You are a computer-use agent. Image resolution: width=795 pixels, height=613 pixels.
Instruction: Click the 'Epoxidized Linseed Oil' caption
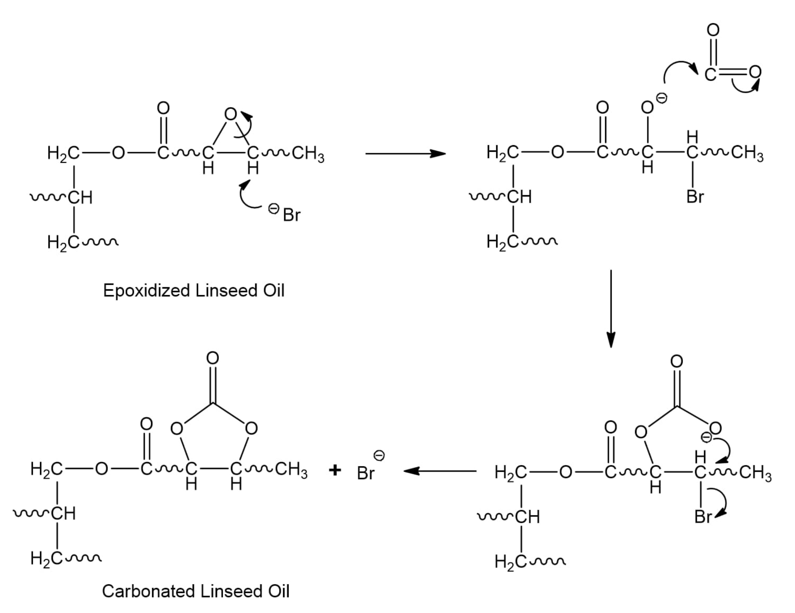click(x=194, y=291)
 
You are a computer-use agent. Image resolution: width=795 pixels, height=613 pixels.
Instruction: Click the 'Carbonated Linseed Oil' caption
click(x=196, y=591)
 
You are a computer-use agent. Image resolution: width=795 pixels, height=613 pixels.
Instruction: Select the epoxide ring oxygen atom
click(x=230, y=114)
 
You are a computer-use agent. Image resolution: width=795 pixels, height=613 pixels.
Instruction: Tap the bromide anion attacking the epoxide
click(x=291, y=215)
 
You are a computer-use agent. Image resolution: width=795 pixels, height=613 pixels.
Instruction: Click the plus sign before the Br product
click(x=334, y=470)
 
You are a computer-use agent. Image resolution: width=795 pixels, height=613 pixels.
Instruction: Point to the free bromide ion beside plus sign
click(x=365, y=473)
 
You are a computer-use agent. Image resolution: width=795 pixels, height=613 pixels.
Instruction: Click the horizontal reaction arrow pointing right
click(x=405, y=154)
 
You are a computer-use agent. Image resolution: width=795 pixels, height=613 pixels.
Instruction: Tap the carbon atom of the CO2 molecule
click(x=710, y=75)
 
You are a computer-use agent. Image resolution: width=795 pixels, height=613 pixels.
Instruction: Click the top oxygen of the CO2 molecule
click(x=713, y=30)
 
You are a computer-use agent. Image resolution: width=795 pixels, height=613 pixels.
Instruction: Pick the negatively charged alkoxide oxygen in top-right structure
click(x=647, y=107)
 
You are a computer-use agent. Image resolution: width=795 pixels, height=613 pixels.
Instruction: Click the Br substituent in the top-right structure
click(x=695, y=197)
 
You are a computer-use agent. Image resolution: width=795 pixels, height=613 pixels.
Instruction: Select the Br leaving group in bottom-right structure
click(x=703, y=517)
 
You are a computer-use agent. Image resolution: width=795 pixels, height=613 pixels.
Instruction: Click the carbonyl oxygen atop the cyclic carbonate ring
click(x=212, y=358)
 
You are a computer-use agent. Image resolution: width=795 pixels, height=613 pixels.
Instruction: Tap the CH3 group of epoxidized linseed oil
click(x=308, y=154)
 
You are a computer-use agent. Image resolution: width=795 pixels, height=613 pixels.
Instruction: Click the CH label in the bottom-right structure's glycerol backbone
click(x=528, y=517)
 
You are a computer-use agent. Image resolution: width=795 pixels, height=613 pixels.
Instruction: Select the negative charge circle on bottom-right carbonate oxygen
click(x=706, y=437)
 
